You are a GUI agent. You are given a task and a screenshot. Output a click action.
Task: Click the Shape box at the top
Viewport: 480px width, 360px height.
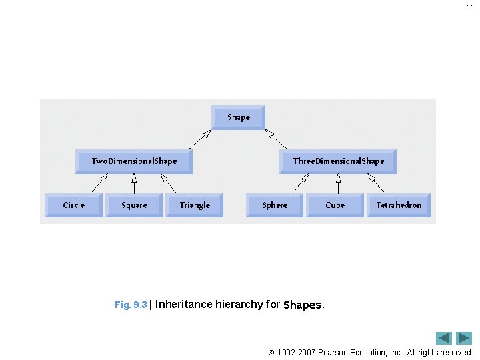[238, 117]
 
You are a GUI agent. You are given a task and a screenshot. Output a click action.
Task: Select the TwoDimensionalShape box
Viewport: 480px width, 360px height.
[134, 161]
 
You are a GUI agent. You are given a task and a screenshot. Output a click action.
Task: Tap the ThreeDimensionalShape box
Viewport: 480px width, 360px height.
[338, 161]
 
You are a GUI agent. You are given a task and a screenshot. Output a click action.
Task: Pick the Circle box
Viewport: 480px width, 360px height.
[73, 205]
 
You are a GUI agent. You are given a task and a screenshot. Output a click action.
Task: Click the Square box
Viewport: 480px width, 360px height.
[134, 205]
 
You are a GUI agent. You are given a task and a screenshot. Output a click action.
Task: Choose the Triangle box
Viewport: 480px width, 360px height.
[195, 205]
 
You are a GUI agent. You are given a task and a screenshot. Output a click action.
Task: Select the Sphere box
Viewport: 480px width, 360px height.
[275, 205]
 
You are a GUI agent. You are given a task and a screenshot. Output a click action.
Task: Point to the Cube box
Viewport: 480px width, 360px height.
[335, 205]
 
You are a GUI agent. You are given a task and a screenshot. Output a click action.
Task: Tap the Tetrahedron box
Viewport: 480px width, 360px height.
[399, 205]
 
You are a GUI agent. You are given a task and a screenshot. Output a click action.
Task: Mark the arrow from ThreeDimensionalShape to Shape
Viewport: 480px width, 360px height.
[276, 139]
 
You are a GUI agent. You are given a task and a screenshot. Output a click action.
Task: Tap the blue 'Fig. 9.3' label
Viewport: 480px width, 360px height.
[131, 305]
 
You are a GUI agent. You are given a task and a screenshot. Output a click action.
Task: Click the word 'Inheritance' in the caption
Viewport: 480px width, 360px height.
[184, 305]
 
